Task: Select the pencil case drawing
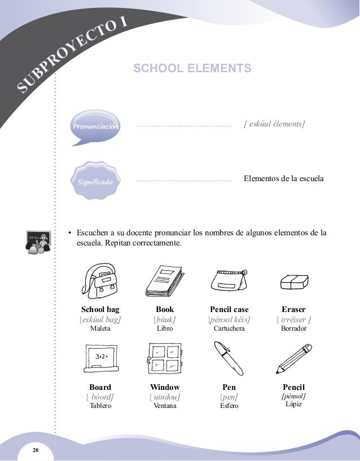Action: pyautogui.click(x=229, y=279)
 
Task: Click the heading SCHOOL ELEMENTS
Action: pyautogui.click(x=192, y=69)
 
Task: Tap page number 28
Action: pyautogui.click(x=36, y=450)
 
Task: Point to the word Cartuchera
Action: pyautogui.click(x=229, y=328)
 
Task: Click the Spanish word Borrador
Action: pyautogui.click(x=293, y=328)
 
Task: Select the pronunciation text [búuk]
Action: pyautogui.click(x=165, y=319)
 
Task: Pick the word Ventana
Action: pyautogui.click(x=165, y=406)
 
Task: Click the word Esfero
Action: pyautogui.click(x=229, y=406)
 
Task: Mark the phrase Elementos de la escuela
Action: pyautogui.click(x=283, y=179)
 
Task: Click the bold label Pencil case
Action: pyautogui.click(x=229, y=310)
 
